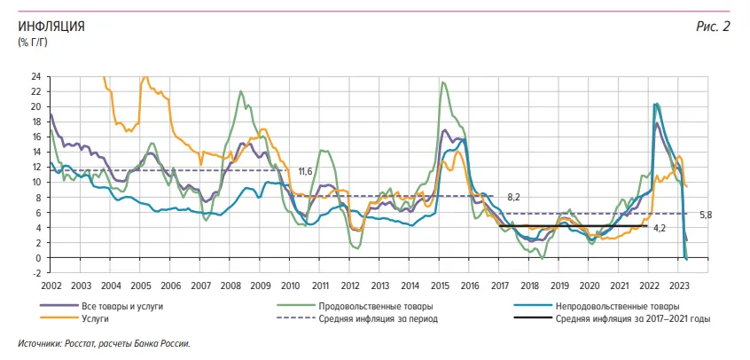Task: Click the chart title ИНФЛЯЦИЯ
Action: coord(51,27)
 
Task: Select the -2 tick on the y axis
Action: coord(36,273)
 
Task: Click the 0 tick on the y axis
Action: coord(39,258)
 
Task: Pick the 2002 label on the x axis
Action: coord(51,286)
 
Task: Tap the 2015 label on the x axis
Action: coord(440,286)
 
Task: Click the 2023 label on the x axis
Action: coord(679,286)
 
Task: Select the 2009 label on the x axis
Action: coord(261,286)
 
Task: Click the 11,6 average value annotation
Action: coord(305,171)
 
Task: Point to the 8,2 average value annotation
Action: coord(514,196)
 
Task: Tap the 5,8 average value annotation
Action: coord(707,215)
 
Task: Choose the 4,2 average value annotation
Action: coord(659,228)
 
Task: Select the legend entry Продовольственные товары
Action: coord(371,305)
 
